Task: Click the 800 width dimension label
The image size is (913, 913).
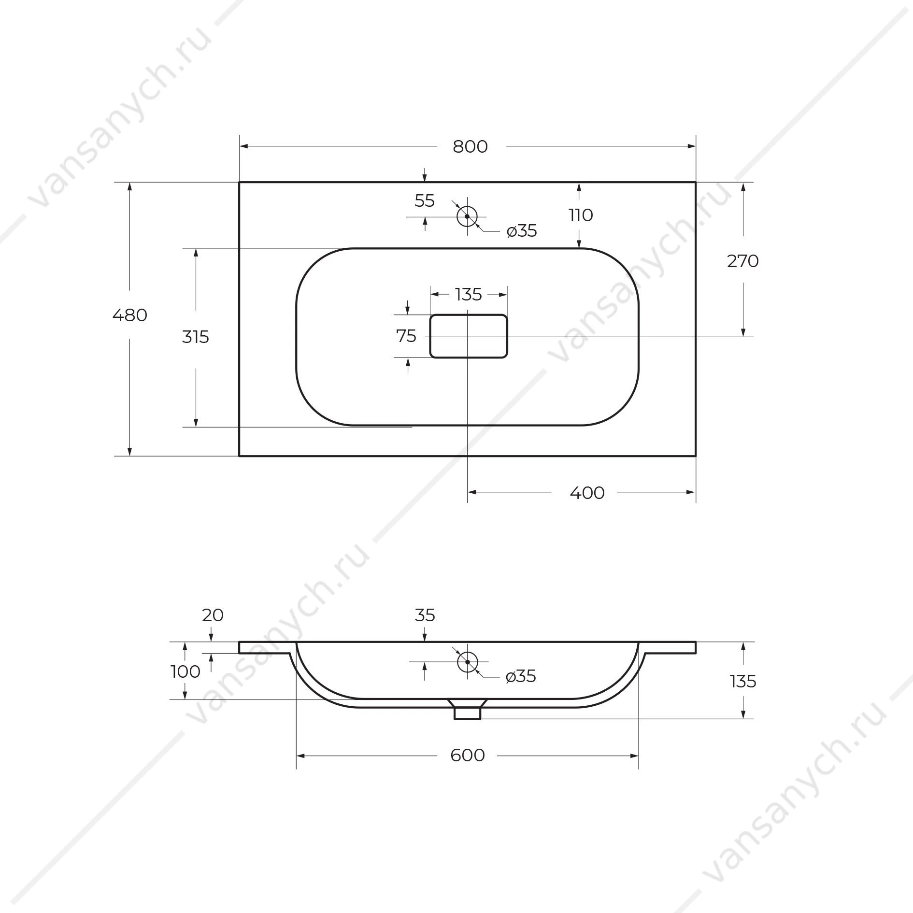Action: point(470,146)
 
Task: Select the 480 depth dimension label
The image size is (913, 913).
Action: point(129,315)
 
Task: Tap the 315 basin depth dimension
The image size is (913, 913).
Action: point(195,337)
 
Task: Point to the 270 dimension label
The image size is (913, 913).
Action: point(743,261)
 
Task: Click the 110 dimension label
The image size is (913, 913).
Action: point(581,215)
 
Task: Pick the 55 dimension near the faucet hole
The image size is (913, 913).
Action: point(425,200)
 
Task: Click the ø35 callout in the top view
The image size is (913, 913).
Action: point(522,231)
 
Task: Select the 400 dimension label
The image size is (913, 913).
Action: point(587,493)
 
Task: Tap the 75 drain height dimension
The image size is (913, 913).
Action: point(406,336)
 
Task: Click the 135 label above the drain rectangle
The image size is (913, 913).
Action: point(469,294)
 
